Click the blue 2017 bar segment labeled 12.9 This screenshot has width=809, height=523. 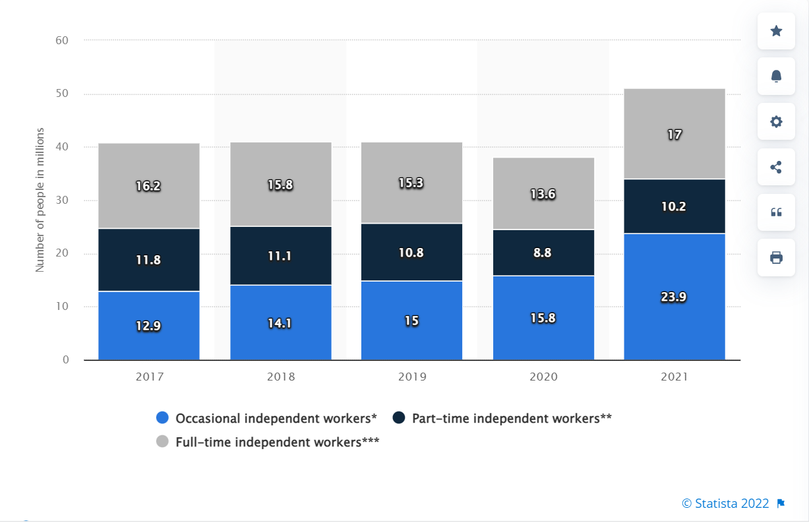149,326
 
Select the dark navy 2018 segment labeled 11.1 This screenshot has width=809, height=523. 281,256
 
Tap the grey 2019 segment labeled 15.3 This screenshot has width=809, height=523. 411,183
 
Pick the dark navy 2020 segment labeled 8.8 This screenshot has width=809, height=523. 543,253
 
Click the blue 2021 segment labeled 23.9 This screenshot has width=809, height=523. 674,297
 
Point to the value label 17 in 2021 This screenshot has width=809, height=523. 674,135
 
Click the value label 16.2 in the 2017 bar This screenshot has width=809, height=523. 149,186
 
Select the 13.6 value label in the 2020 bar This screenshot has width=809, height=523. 543,195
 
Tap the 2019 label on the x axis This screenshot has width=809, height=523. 412,377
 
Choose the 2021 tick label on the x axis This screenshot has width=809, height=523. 674,377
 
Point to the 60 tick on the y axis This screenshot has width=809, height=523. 62,40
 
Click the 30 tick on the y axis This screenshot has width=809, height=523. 62,200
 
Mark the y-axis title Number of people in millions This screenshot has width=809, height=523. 40,200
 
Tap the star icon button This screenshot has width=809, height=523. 776,31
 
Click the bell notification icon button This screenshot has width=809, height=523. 776,77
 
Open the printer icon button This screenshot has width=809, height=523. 776,257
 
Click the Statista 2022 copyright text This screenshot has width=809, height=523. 725,503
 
